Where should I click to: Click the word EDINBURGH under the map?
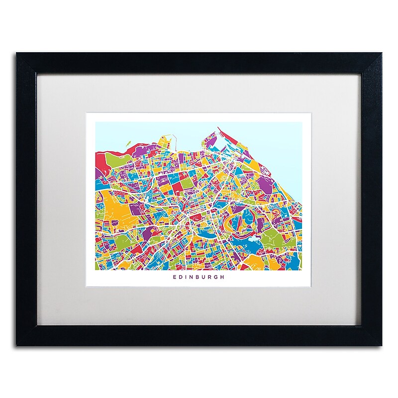[199, 278]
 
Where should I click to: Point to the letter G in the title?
[217, 278]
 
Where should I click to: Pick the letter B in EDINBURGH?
[199, 278]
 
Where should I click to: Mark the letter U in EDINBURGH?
[205, 278]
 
